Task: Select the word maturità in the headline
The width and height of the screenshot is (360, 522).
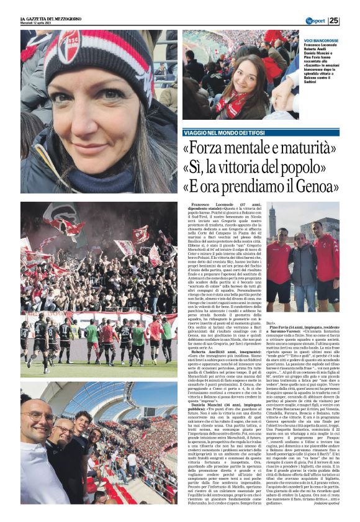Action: (302, 148)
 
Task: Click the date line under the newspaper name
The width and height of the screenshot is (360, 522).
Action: (37, 24)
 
